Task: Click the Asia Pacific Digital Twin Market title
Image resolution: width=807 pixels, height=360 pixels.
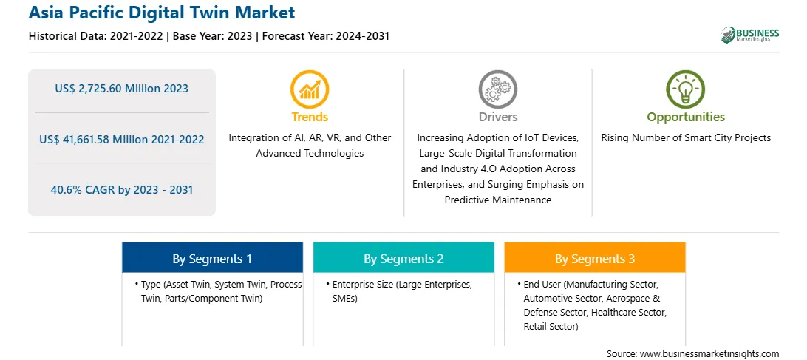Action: coord(162,13)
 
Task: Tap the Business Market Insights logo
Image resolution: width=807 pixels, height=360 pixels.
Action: coord(749,35)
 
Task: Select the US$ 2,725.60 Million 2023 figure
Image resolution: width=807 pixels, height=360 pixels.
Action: coord(121,89)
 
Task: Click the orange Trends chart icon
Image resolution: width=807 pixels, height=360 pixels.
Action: coord(310,89)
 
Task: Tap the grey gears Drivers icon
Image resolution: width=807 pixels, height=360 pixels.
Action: coord(497,89)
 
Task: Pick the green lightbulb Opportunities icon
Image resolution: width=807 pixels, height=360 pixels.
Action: coord(686,89)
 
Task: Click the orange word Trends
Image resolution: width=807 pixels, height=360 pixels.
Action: coord(310,117)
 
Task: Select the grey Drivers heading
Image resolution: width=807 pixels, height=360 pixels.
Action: coord(498,117)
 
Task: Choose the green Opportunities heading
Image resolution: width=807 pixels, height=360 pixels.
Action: coord(686,118)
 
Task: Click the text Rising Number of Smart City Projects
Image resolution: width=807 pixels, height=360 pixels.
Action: coord(686,138)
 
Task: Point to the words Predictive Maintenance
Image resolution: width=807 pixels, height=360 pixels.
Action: coord(498,200)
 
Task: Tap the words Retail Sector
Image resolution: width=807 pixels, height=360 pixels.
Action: coord(550,327)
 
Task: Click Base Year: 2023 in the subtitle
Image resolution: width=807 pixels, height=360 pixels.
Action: coord(213,36)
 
